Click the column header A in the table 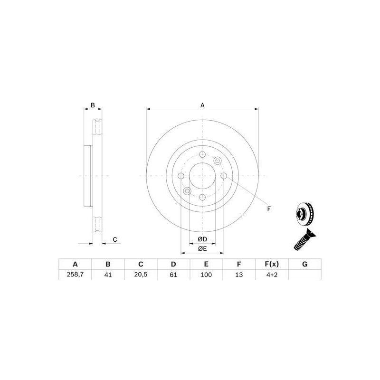[75, 264]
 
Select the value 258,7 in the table [75, 275]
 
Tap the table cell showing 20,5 [141, 275]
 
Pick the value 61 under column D [173, 275]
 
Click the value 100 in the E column [206, 275]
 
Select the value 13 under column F [239, 275]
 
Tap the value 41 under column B [108, 275]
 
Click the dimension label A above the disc [202, 105]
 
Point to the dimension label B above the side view [93, 105]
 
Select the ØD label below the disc [202, 239]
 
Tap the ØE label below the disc [202, 248]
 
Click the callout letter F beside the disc [268, 209]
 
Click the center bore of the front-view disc [202, 176]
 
